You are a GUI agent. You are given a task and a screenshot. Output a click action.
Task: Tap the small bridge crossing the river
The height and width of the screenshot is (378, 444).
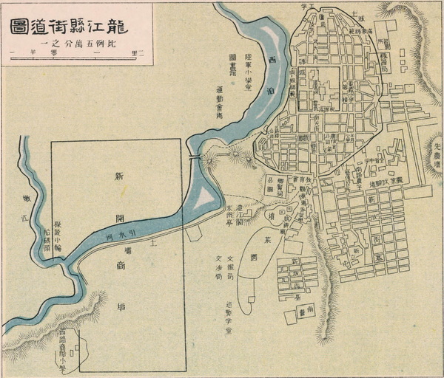195,158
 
